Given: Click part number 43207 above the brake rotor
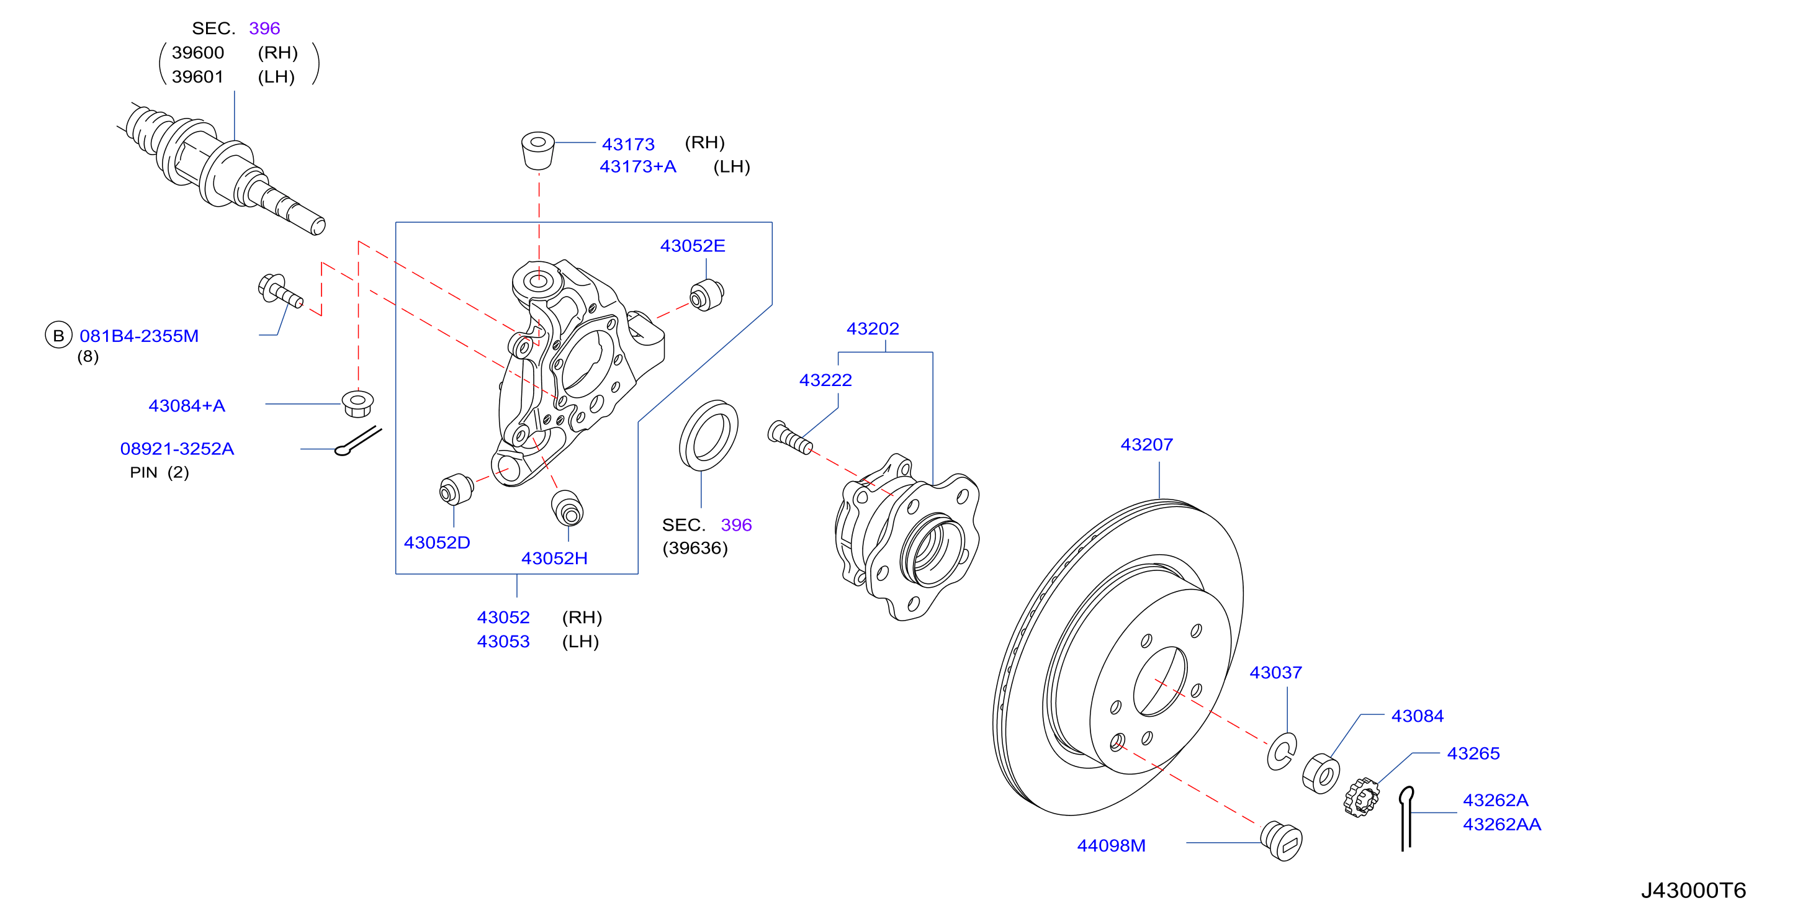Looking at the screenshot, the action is click(1146, 444).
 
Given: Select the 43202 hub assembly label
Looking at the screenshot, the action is click(873, 329).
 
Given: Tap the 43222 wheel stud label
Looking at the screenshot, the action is click(825, 380).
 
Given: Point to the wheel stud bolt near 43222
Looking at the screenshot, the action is click(789, 436).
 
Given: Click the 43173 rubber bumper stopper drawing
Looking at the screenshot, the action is click(538, 150).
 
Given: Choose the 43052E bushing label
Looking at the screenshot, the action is click(692, 246).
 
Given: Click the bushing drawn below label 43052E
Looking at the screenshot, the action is click(706, 295).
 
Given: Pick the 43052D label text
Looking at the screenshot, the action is click(436, 542).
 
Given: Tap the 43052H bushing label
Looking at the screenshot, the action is click(554, 559).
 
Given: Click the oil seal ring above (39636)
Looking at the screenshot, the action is click(709, 435).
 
